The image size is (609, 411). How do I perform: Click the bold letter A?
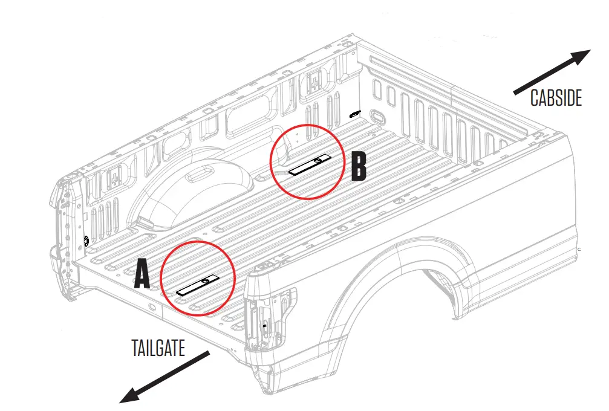142,274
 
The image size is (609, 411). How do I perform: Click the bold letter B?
359,166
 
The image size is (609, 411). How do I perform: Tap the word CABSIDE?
556,98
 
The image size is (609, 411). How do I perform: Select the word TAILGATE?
158,348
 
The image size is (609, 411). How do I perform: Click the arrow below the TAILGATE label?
165,376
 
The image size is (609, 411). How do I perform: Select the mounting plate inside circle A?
197,285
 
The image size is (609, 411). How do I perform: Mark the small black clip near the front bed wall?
355,113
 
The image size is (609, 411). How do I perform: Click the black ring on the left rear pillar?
86,241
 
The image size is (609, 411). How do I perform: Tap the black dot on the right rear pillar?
265,325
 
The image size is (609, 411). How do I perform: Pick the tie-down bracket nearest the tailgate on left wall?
113,176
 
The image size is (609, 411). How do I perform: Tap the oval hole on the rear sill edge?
151,311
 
